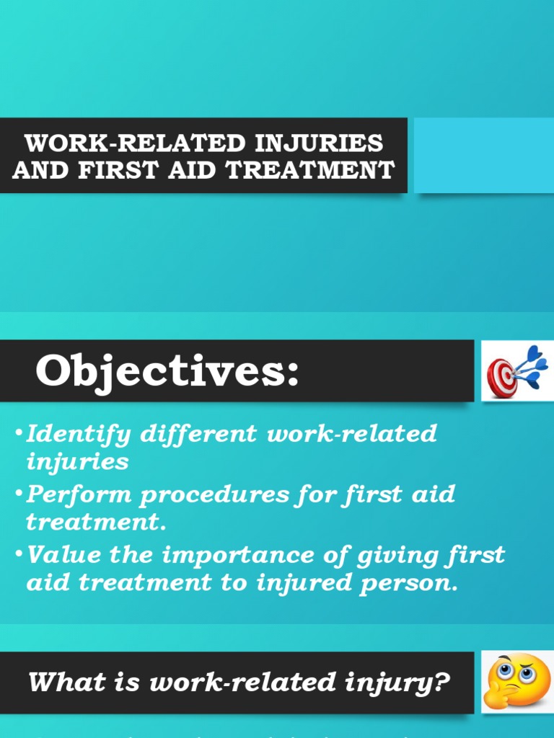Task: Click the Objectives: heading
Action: click(x=167, y=372)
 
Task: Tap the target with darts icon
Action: click(x=513, y=372)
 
